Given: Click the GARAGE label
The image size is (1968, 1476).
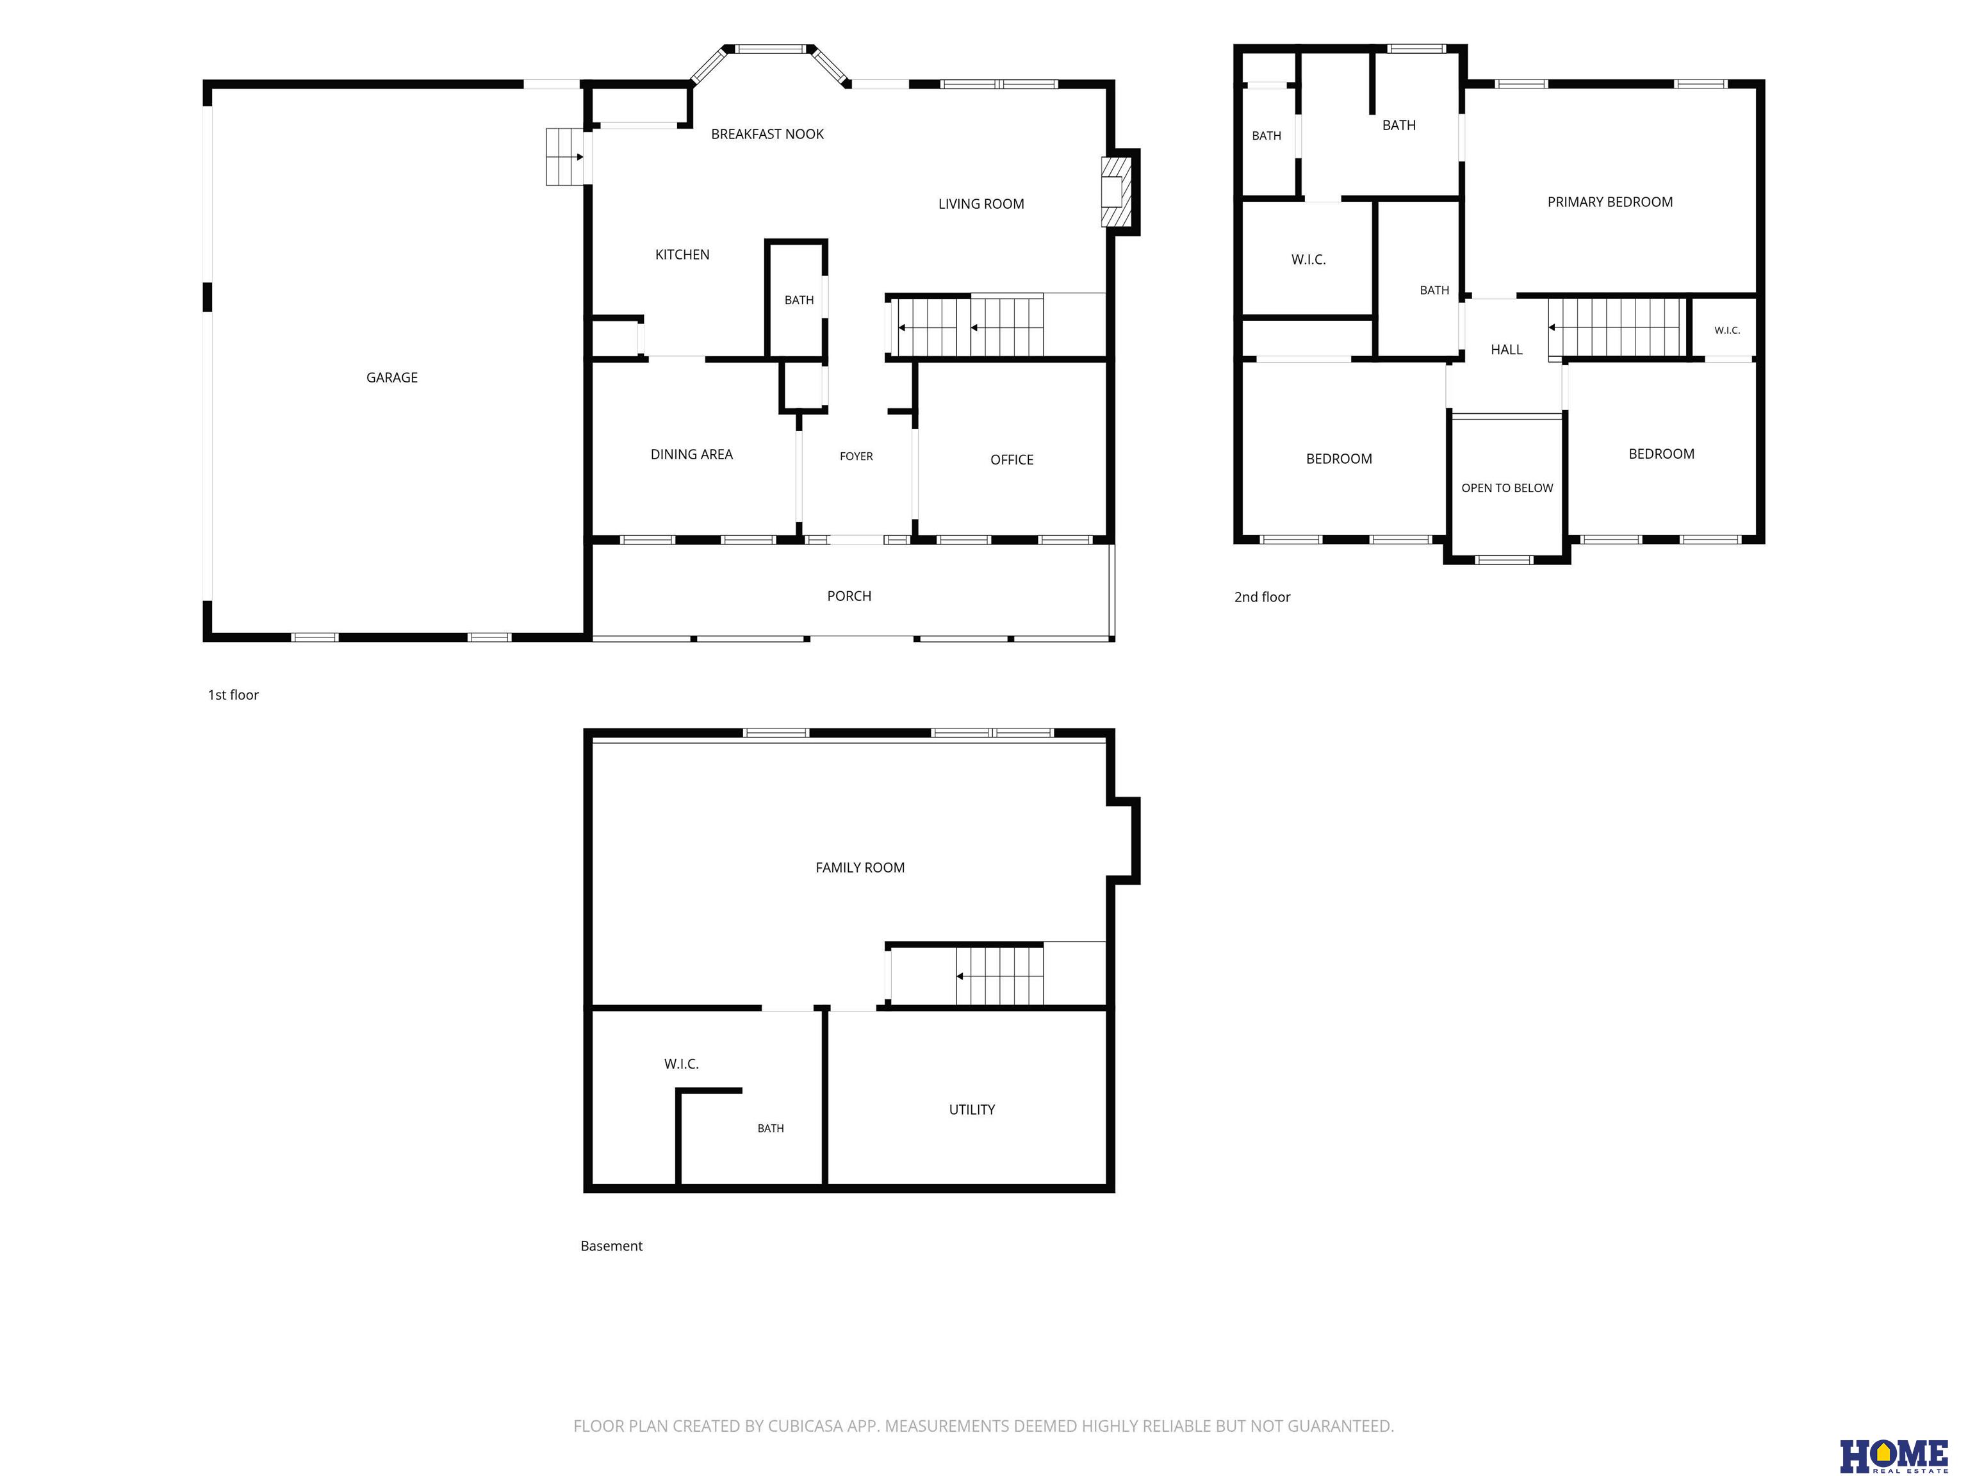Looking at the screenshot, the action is pos(391,377).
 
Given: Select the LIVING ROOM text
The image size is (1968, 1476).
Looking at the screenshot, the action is pos(980,204).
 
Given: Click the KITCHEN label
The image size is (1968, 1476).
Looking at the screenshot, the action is pos(682,254).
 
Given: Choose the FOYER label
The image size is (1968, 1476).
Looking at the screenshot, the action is pos(856,456).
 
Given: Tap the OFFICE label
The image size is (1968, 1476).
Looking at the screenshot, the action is pos(1012,460).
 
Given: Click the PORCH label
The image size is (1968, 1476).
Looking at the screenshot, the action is pos(849,596).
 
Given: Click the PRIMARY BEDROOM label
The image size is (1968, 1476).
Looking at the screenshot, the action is pos(1609,202).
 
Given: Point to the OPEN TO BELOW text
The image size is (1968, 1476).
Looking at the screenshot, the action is pos(1506,488).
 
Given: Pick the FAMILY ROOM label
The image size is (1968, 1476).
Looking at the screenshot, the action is pos(860,867).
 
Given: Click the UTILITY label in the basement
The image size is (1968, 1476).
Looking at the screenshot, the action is pos(972,1110).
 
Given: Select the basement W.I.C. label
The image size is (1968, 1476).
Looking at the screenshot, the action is pos(680,1064).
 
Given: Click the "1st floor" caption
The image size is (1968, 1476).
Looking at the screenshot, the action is pos(233,695).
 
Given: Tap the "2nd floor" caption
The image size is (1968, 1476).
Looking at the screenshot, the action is pos(1261,597).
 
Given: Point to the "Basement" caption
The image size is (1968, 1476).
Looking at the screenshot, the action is pos(611,1245).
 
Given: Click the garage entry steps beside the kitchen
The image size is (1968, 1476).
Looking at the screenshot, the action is pos(564,156).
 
